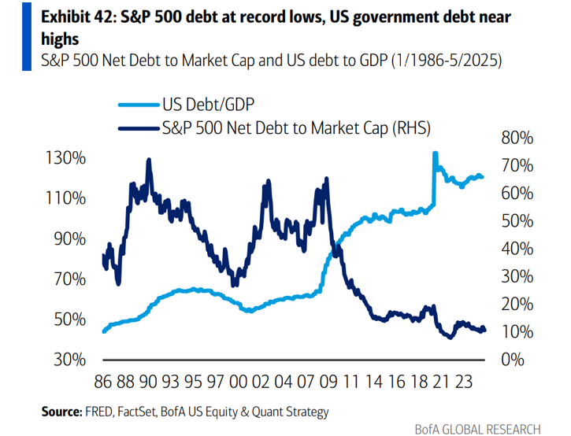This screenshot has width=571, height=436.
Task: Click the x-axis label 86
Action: (x=102, y=383)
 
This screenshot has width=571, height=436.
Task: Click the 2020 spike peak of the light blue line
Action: (x=435, y=153)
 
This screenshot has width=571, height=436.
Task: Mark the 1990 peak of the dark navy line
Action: (x=149, y=160)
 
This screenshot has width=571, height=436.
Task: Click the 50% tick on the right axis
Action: (x=517, y=221)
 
